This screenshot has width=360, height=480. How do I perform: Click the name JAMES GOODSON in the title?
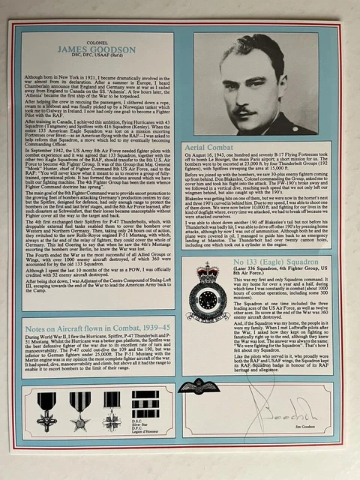[x=97, y=49]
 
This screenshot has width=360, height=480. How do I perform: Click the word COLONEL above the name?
[x=97, y=40]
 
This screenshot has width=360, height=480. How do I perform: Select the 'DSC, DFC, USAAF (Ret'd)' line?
[x=97, y=58]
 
